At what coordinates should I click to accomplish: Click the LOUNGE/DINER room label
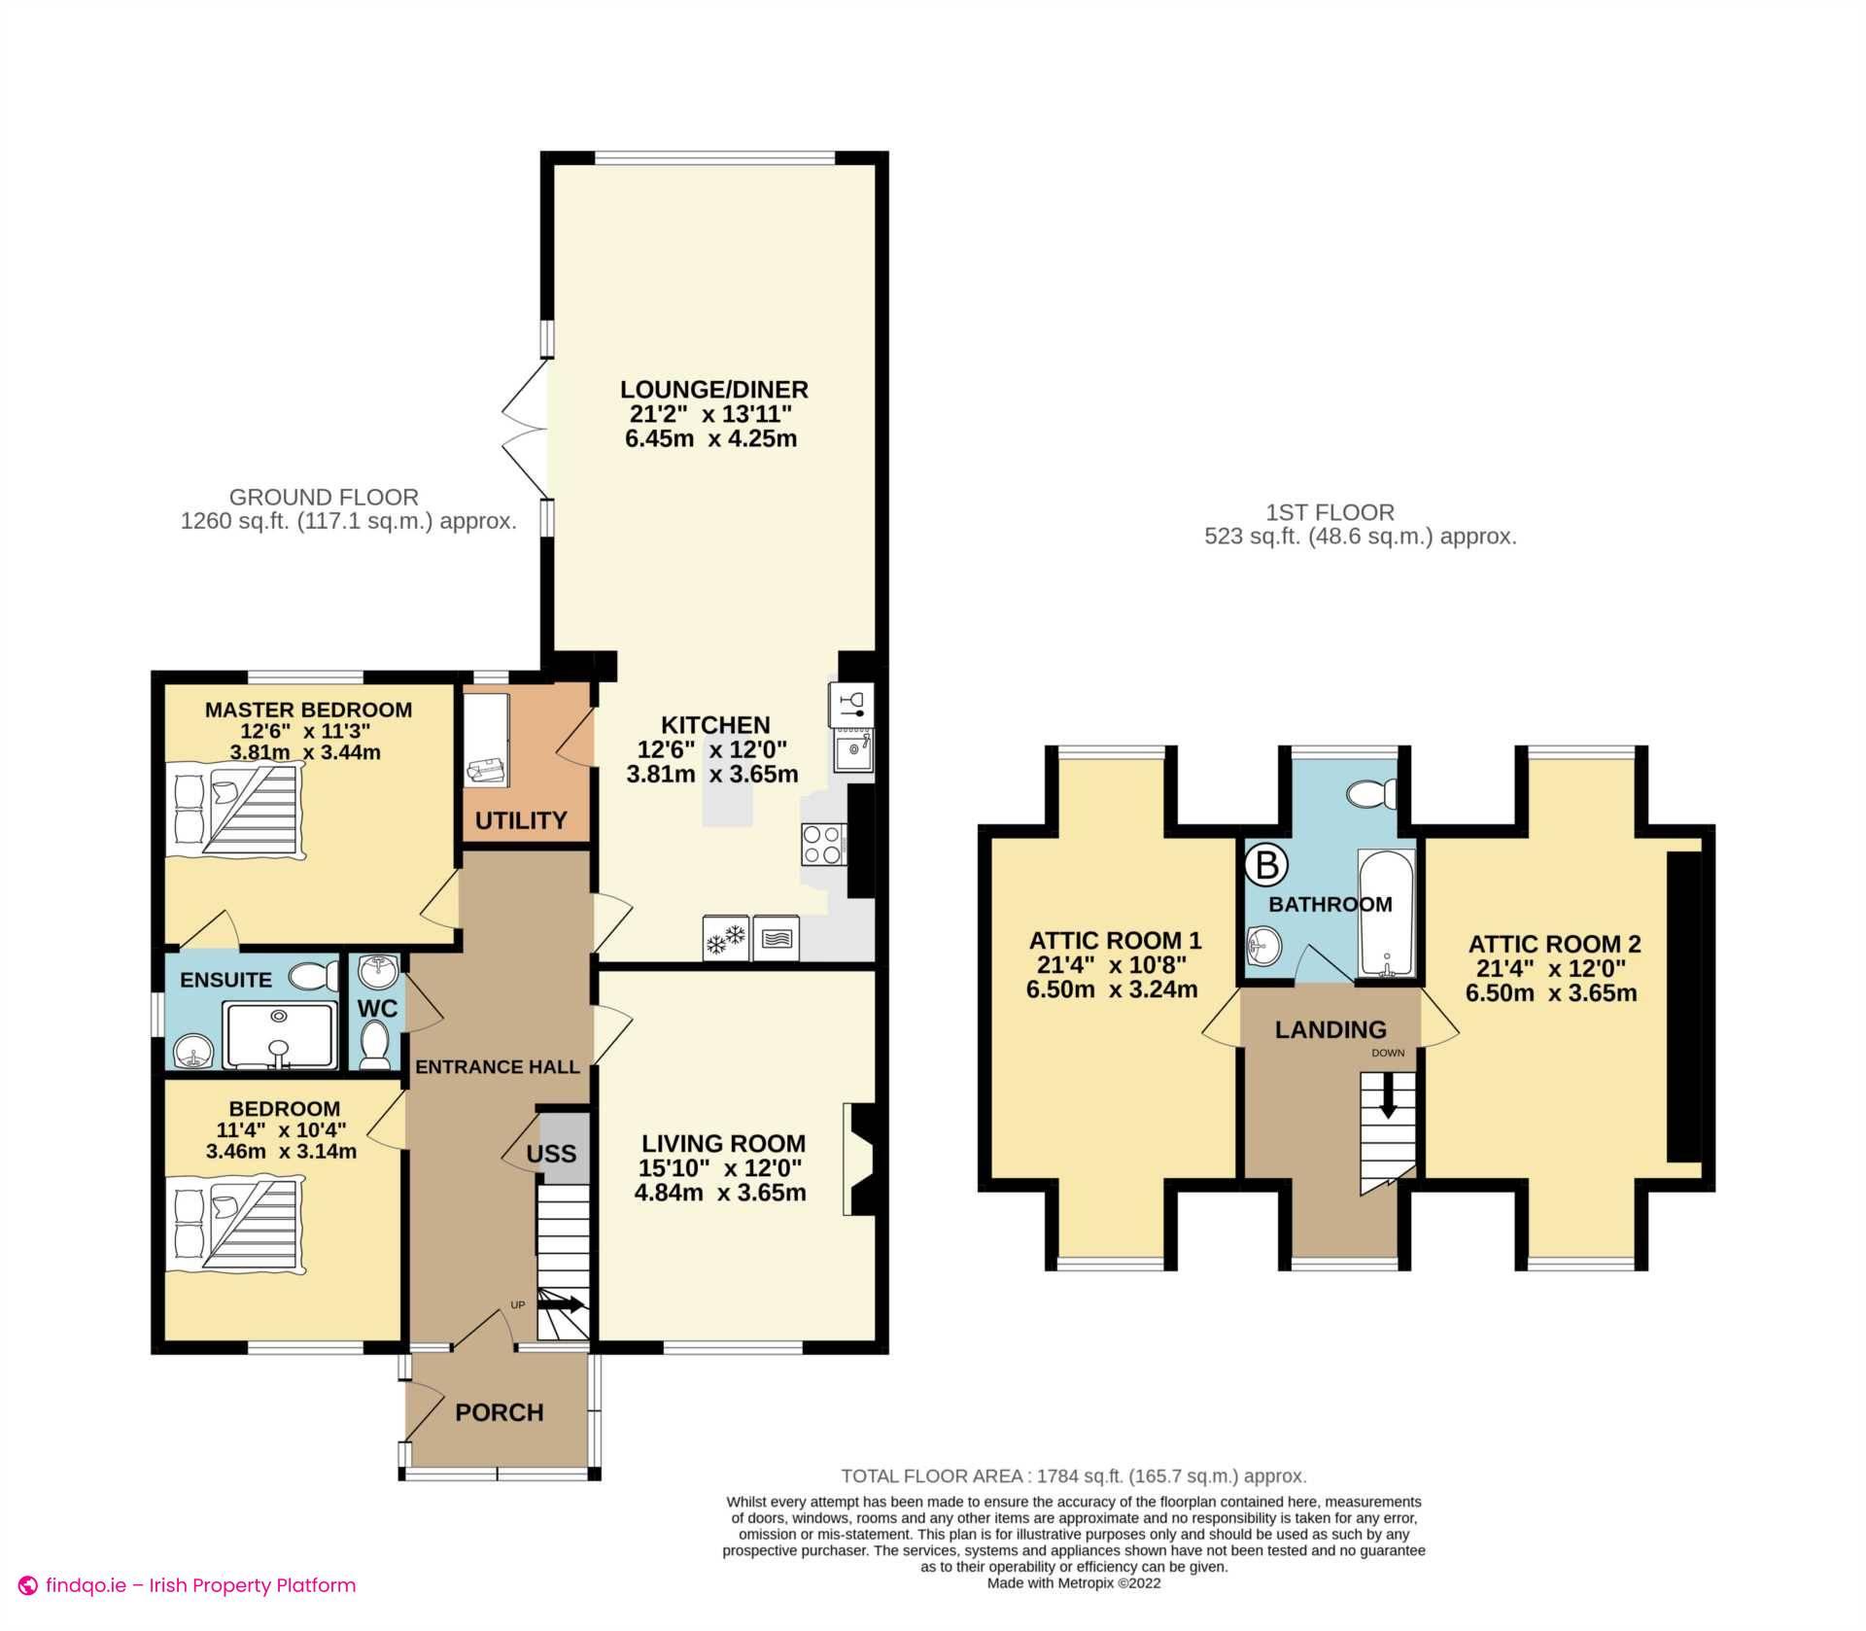click(x=713, y=390)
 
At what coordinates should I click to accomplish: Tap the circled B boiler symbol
click(x=1265, y=864)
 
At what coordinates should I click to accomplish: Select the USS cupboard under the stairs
click(x=552, y=1154)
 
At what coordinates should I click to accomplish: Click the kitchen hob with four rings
click(x=822, y=844)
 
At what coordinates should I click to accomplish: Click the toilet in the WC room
click(x=373, y=1044)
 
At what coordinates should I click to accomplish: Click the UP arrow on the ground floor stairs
click(x=568, y=1304)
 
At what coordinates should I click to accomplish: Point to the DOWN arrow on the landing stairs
click(x=1388, y=1094)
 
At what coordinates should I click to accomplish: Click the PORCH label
click(x=500, y=1412)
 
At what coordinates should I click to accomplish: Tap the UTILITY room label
click(x=521, y=820)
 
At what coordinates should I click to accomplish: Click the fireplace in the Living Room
click(x=859, y=1158)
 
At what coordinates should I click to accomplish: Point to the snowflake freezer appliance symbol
click(x=725, y=939)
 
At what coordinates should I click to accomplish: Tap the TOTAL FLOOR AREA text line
click(x=1073, y=1475)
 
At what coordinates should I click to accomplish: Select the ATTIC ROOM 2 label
click(x=1554, y=943)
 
